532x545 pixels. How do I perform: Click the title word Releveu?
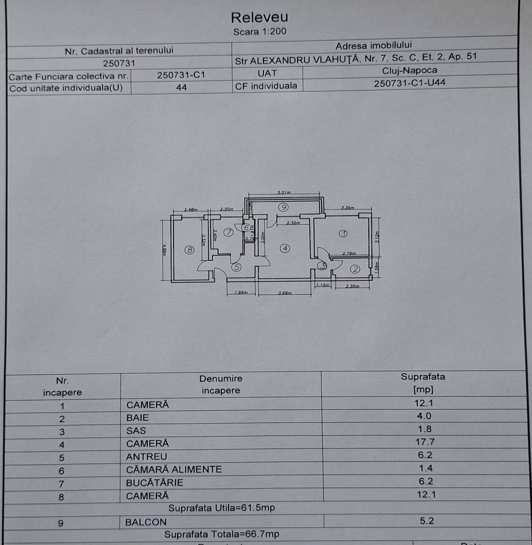259,18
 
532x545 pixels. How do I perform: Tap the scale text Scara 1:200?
260,32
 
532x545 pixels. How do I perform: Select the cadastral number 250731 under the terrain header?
119,63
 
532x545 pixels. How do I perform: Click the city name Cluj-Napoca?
409,70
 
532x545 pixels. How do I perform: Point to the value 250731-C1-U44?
409,83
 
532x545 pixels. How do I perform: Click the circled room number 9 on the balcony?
283,207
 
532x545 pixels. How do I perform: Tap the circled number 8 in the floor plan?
189,250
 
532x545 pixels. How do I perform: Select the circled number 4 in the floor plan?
285,248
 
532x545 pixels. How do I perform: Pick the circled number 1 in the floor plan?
343,233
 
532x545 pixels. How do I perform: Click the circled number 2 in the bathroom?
355,269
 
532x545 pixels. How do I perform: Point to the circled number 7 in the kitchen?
228,232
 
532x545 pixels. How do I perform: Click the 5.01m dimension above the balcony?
284,192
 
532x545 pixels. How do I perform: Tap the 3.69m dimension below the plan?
285,293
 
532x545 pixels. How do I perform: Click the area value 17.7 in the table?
425,442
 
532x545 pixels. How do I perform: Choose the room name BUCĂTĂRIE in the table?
154,483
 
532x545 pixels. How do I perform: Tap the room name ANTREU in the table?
146,456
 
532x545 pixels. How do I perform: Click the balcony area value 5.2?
427,521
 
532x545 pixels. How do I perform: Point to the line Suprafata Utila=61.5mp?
221,508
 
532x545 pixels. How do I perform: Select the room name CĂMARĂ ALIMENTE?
174,470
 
